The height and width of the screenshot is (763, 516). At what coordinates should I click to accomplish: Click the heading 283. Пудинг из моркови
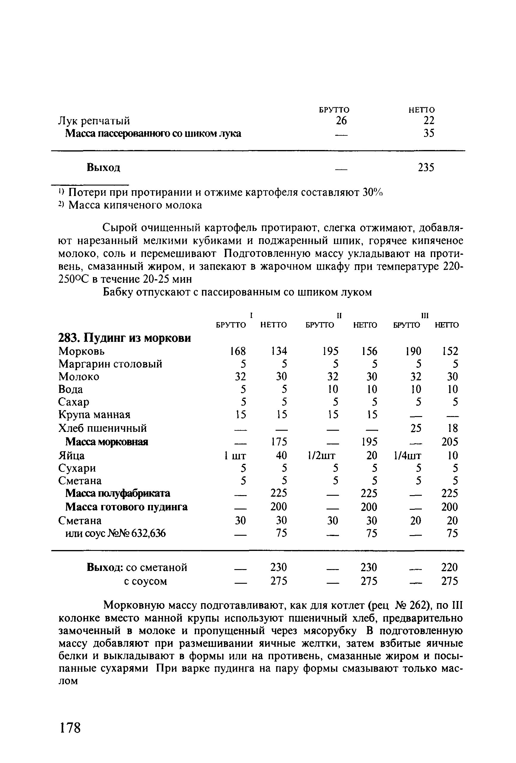point(124,338)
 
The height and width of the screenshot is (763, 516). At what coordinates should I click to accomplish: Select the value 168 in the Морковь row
point(238,351)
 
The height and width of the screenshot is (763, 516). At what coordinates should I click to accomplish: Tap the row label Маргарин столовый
point(110,364)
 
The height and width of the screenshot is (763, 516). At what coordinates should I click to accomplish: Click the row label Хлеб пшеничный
point(102,428)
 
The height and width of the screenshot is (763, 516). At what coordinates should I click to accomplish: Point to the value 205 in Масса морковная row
point(450,442)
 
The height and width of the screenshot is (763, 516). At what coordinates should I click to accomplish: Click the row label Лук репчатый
point(94,121)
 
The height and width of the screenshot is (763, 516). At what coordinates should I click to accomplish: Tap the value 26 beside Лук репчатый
point(341,121)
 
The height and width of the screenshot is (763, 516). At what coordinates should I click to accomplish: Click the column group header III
point(425,316)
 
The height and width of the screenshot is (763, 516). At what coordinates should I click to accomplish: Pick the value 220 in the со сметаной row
point(450,567)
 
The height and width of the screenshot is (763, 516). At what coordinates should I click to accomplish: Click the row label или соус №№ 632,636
point(115,534)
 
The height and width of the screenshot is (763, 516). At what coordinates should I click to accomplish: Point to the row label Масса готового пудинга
point(126,507)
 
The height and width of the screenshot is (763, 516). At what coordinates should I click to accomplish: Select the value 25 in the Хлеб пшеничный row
point(415,428)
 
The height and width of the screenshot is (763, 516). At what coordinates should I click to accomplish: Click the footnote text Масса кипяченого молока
point(135,205)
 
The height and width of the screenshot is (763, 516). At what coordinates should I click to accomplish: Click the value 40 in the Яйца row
point(281,455)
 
